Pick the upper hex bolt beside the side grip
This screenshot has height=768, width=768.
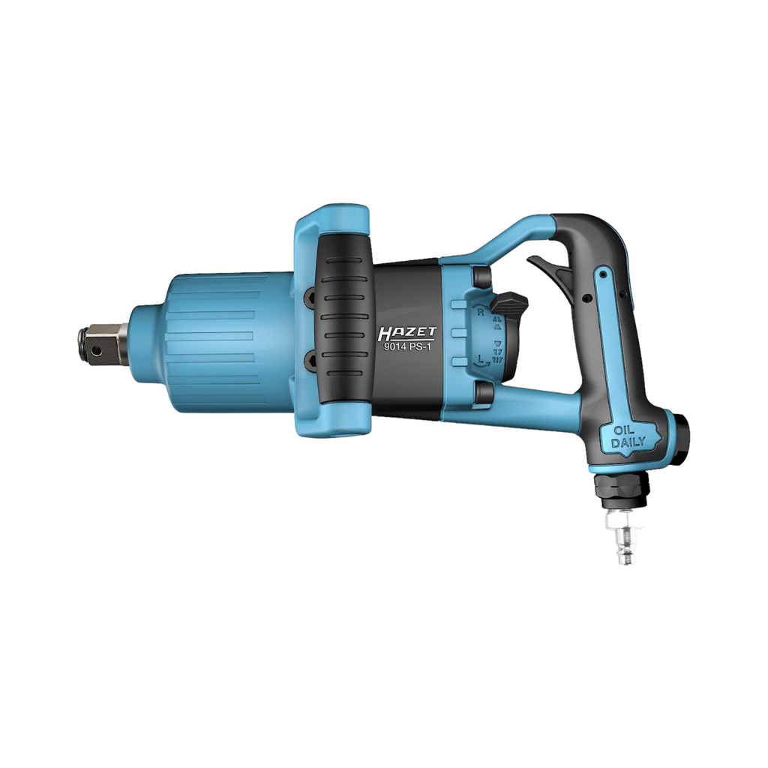point(309,298)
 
